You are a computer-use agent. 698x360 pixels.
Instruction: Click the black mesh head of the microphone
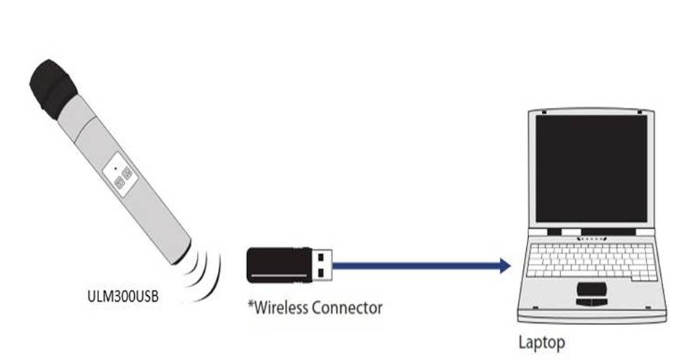click(x=52, y=87)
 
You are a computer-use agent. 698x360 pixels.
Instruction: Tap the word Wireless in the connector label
click(x=280, y=308)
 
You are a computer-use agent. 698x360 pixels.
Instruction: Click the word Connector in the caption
click(x=347, y=308)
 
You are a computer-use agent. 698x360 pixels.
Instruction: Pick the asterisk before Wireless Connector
click(x=250, y=305)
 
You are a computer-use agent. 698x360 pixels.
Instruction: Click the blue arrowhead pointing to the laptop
click(x=504, y=266)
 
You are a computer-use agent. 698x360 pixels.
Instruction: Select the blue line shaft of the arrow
click(x=415, y=266)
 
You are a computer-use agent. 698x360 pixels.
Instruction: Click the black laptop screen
click(x=590, y=169)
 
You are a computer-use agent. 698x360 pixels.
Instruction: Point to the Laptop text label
click(x=541, y=341)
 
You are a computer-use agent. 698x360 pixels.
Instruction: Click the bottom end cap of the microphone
click(x=181, y=254)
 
